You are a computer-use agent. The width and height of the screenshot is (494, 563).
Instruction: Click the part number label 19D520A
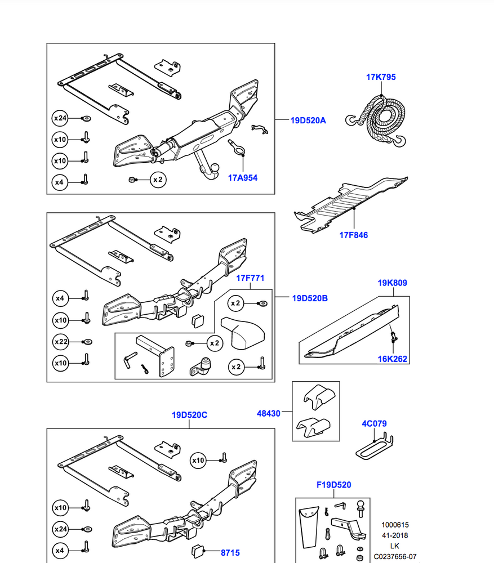308,120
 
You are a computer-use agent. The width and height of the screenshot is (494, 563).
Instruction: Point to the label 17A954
243,177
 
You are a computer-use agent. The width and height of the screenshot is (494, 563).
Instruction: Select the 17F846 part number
353,235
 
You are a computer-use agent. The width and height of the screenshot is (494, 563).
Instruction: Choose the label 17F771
250,278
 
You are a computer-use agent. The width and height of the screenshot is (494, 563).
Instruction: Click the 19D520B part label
309,298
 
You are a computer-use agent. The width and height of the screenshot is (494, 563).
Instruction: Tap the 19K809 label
392,283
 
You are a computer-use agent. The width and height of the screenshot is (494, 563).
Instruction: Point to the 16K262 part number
392,359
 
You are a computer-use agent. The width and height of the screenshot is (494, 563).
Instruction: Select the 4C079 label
374,423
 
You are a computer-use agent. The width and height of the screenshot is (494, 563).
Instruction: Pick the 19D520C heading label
190,415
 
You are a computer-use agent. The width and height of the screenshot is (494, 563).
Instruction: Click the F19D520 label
333,485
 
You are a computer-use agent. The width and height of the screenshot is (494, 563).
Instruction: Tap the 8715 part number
230,553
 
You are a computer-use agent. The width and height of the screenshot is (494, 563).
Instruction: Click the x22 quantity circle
60,342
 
